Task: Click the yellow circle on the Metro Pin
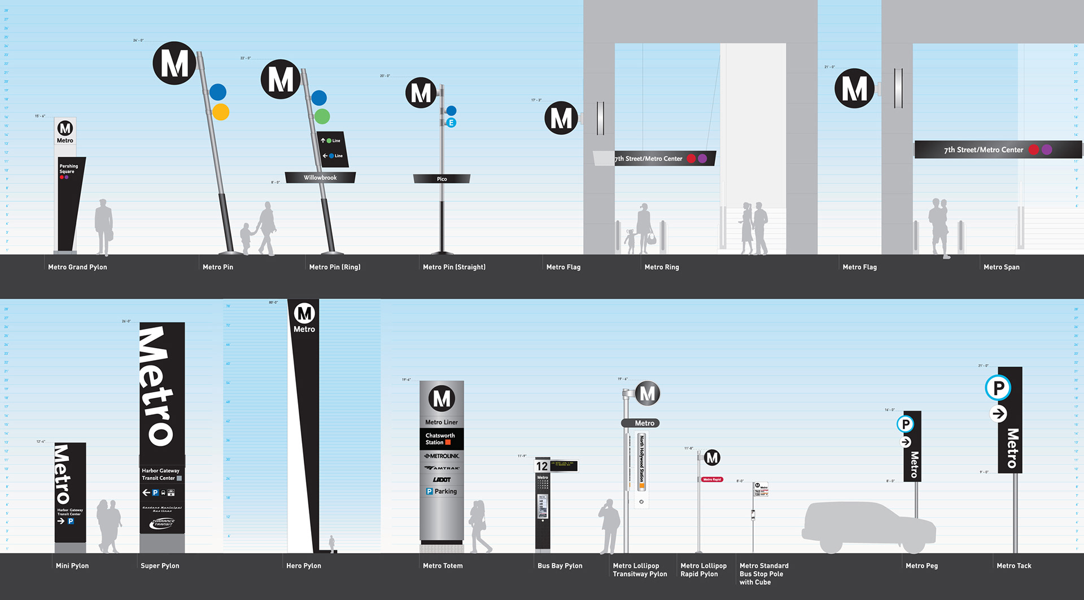coord(221,112)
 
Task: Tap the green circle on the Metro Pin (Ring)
coord(322,116)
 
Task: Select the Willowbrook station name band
coord(320,178)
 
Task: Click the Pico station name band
coord(442,179)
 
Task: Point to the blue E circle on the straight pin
coord(451,122)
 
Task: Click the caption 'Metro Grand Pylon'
coord(77,267)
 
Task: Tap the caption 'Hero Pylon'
coord(304,566)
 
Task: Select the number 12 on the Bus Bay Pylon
coord(542,466)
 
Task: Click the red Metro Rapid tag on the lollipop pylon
coord(712,479)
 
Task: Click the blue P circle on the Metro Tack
coord(998,388)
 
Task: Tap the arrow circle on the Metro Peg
coord(906,442)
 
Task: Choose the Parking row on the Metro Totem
coord(442,492)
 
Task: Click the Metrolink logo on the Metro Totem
coord(442,456)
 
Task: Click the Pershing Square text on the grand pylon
coord(68,169)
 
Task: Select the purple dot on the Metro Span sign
coord(1047,150)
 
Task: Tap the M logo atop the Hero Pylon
coord(304,313)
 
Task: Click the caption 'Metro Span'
coord(1001,267)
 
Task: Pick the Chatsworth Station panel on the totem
coord(441,439)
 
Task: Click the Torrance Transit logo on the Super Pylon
coord(163,523)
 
